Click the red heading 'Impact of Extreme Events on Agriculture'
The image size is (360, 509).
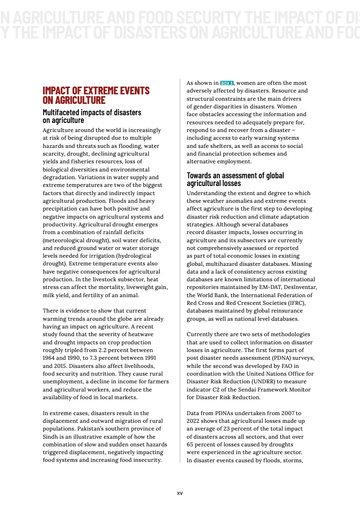96,95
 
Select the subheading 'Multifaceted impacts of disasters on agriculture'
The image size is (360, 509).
92,116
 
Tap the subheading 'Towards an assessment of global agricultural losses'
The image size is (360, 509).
235,179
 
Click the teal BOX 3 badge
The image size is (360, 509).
227,83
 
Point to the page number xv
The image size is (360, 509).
180,493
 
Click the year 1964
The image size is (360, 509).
50,358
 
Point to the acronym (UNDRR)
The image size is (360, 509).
285,382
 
